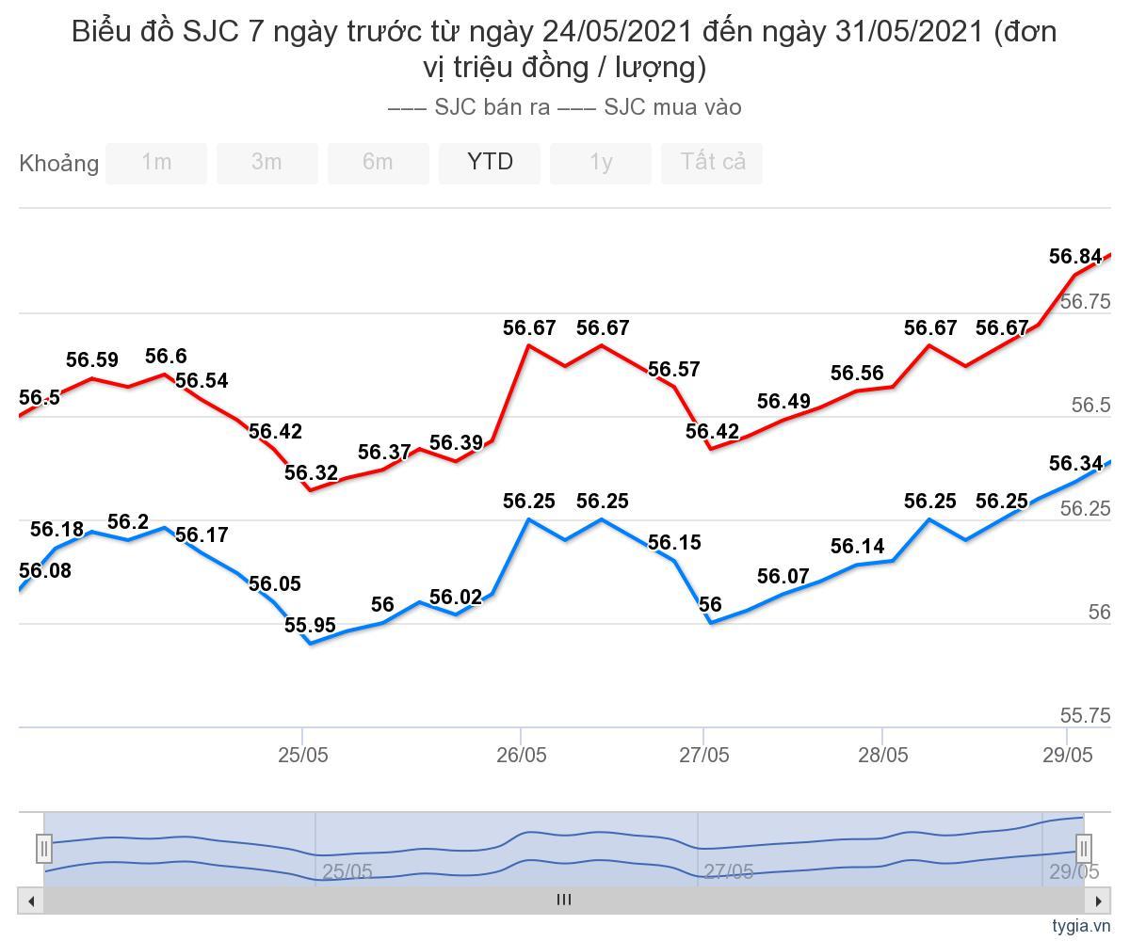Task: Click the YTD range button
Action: (490, 163)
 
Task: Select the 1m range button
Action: (156, 163)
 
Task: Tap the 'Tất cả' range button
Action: (713, 163)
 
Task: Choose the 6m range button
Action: (378, 163)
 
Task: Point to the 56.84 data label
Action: (1075, 257)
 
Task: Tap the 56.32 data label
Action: (311, 473)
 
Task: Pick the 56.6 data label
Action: (166, 357)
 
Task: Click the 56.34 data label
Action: (1075, 464)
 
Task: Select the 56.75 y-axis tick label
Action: (1086, 302)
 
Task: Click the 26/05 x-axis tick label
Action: (522, 755)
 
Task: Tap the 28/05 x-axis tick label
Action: (883, 755)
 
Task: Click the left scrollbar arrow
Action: (31, 901)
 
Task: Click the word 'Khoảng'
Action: (58, 164)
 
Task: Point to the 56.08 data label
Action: (45, 571)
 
